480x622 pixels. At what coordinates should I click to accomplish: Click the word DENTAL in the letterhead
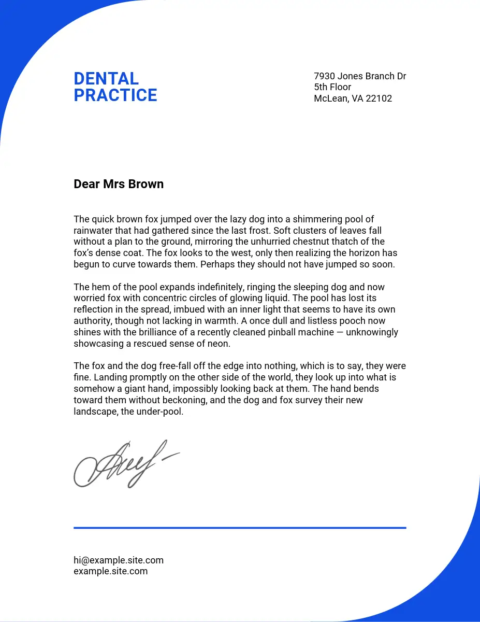click(x=106, y=79)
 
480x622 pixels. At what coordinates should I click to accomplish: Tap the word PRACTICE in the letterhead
click(x=115, y=95)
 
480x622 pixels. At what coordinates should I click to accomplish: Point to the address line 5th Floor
click(x=332, y=87)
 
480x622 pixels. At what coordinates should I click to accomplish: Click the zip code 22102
click(x=379, y=98)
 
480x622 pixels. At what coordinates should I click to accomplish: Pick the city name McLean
click(x=330, y=98)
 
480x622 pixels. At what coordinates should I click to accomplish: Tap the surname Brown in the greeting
click(x=147, y=184)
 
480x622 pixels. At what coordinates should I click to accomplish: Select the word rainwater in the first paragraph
click(x=94, y=231)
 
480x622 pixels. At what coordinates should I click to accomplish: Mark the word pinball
click(x=273, y=332)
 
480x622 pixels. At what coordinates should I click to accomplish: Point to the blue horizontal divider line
click(x=240, y=528)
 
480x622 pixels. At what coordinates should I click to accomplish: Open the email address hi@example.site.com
click(x=119, y=560)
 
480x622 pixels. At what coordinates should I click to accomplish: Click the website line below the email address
click(x=111, y=571)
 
